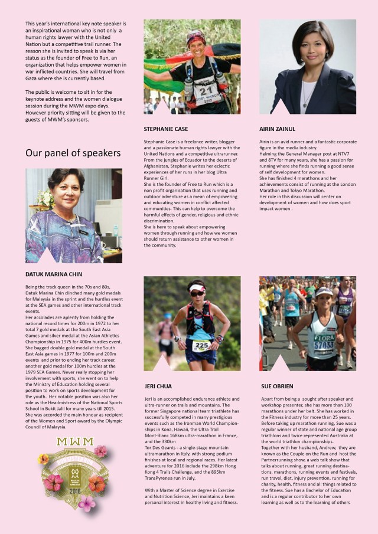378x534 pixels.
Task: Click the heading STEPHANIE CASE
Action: pyautogui.click(x=167, y=128)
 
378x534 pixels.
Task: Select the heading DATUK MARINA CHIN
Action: pyautogui.click(x=54, y=274)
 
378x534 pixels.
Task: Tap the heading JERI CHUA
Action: pyautogui.click(x=158, y=386)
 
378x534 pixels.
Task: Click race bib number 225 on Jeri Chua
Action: pyautogui.click(x=201, y=345)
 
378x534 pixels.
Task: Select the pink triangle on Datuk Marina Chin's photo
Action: pyautogui.click(x=46, y=255)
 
